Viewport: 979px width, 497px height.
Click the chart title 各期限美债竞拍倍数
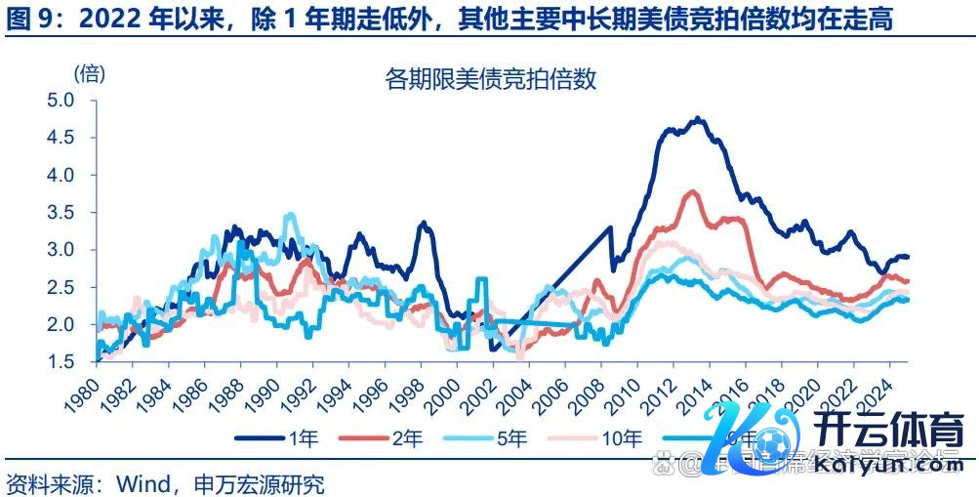click(x=490, y=80)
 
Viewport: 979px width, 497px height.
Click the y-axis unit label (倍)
click(x=89, y=72)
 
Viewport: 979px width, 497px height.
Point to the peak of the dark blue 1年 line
click(x=697, y=119)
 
